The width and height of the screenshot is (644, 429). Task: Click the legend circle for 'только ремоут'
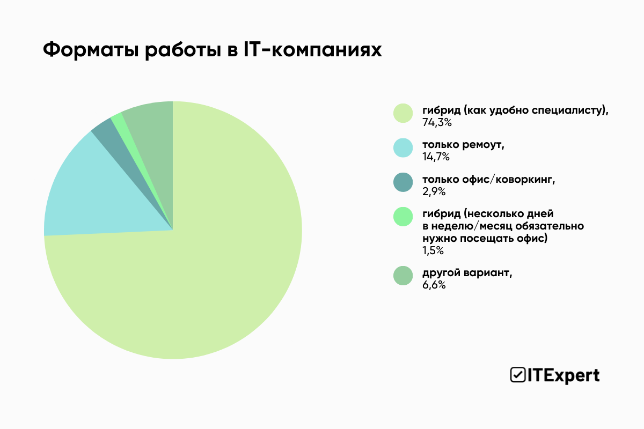pos(403,147)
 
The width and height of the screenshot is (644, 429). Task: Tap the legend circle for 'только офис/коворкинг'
pos(403,182)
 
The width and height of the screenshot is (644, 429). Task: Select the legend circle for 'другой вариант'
pos(403,276)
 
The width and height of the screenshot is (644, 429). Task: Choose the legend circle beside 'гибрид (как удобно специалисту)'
pos(403,113)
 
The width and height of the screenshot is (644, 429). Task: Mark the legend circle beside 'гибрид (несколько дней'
pos(403,217)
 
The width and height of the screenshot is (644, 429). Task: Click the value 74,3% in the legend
pos(437,123)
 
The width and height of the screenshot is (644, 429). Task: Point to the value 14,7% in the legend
pos(436,158)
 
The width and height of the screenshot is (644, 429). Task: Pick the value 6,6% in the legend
pos(434,285)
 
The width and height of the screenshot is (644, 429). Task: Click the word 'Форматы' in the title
pos(89,50)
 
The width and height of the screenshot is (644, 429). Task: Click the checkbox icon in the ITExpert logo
pos(517,375)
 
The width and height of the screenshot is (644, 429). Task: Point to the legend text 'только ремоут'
pos(463,145)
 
